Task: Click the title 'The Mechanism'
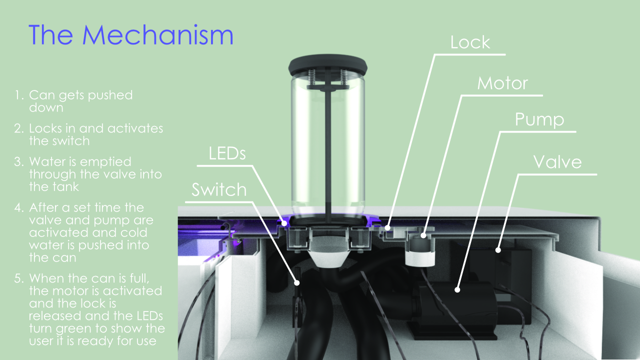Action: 131,35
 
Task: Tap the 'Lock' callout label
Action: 470,42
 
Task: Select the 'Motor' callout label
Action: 502,83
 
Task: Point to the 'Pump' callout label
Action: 539,120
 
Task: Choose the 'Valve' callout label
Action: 557,162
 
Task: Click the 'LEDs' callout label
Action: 227,153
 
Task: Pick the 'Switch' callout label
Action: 219,189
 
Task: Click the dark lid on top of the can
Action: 327,65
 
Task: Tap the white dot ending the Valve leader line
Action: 498,250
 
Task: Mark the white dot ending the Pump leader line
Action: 457,289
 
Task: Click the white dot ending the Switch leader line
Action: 297,283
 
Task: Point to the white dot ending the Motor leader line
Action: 423,235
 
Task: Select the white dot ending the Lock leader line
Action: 387,227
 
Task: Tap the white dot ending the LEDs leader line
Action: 284,223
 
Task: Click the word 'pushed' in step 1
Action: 110,95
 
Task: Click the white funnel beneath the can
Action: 327,256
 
